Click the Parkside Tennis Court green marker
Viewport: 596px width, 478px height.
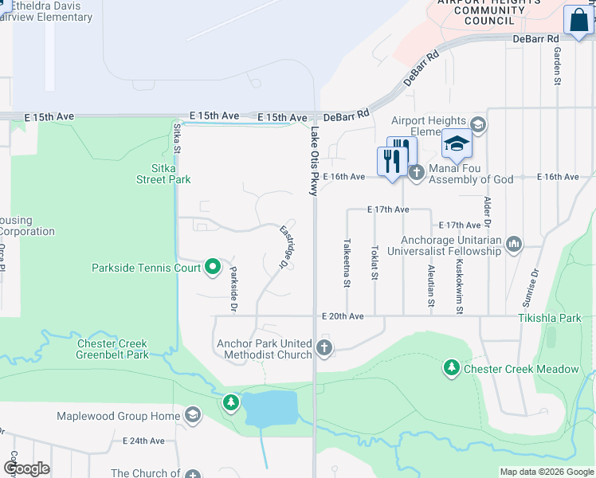click(x=212, y=267)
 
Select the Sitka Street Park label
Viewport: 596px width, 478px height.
click(x=163, y=174)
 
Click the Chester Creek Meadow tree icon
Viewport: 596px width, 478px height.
click(x=452, y=368)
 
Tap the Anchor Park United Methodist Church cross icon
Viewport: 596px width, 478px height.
click(x=323, y=347)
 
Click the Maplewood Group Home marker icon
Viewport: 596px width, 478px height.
click(x=192, y=415)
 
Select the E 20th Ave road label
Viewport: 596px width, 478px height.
click(x=343, y=316)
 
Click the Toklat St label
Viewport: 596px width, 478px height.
click(x=374, y=261)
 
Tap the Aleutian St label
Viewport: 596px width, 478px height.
click(x=431, y=286)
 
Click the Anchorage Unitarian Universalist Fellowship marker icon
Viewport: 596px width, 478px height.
click(x=513, y=245)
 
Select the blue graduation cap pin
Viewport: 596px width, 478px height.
click(x=457, y=144)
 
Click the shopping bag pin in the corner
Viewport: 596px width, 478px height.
click(x=577, y=21)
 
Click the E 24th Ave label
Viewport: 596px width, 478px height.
click(x=144, y=441)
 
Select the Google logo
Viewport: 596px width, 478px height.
click(x=26, y=468)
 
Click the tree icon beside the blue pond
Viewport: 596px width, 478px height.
click(x=231, y=402)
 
